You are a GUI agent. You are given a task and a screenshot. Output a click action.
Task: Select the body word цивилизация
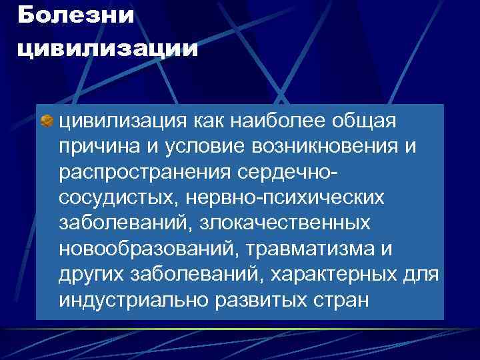(126, 122)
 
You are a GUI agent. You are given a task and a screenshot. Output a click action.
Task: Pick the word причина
(101, 147)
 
